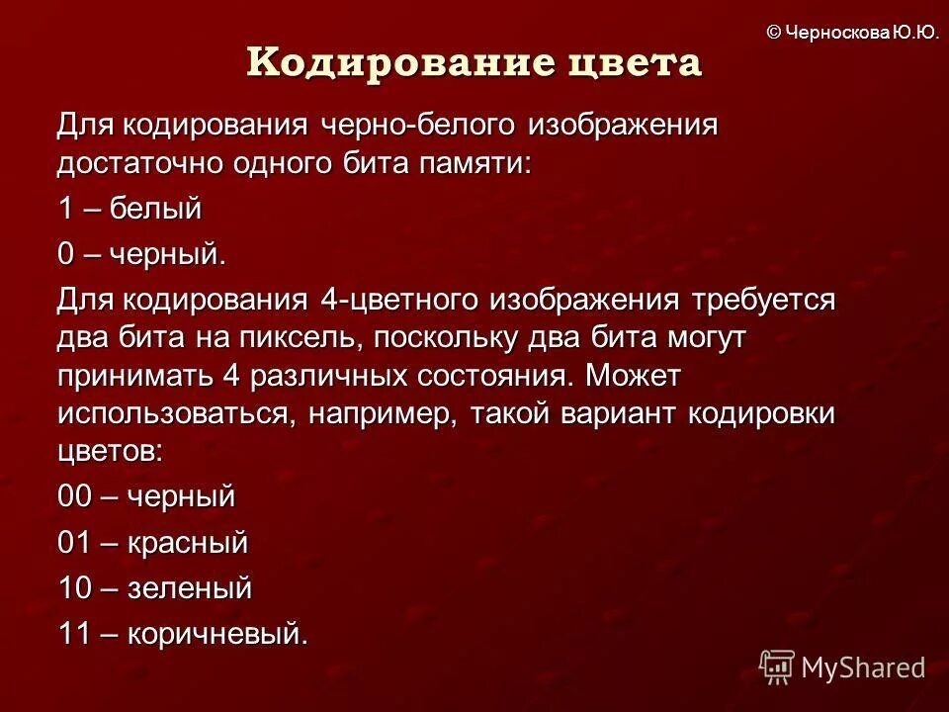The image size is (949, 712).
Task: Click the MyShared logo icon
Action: (777, 667)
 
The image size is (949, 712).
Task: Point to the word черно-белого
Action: (419, 126)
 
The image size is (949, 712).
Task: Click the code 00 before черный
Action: (74, 496)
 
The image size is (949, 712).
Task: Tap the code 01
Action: (74, 543)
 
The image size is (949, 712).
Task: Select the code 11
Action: (73, 634)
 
